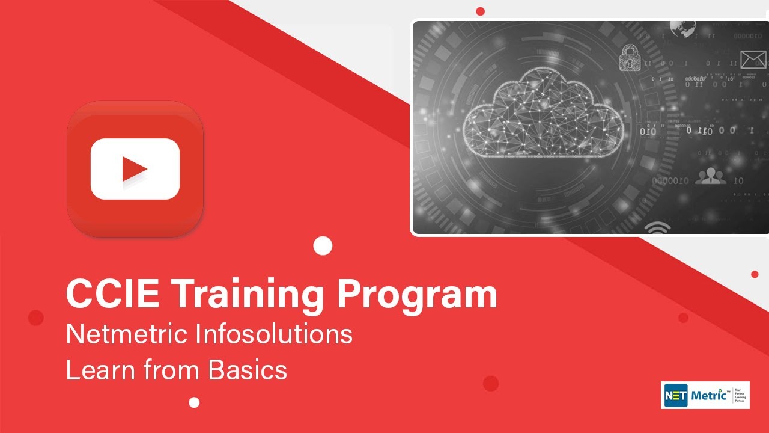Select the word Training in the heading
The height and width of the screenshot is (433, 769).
point(246,295)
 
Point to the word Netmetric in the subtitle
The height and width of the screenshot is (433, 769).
point(127,334)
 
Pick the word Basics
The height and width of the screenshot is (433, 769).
point(248,370)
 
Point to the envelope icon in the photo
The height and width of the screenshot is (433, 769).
point(753,60)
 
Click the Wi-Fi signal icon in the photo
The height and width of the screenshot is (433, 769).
point(657,228)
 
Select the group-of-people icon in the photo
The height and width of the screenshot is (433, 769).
point(710,176)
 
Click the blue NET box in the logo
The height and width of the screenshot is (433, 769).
point(675,395)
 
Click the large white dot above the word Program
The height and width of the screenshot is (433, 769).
point(323,245)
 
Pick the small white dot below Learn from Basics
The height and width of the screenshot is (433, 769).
point(194,402)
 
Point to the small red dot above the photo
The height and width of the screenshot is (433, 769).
point(480,11)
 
